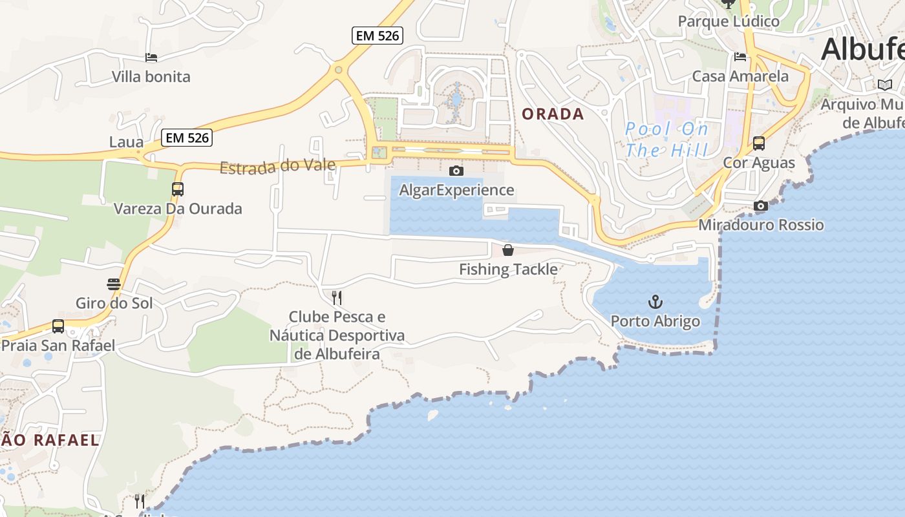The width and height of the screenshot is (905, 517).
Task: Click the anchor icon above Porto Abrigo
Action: pos(655,302)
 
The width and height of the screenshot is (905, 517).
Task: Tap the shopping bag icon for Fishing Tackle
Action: pos(508,250)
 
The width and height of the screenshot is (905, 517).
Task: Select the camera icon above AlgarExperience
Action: pos(456,171)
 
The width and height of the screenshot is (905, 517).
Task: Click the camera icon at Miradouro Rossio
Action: pos(761,206)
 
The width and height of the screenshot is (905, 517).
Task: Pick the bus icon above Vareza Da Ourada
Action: pos(178,189)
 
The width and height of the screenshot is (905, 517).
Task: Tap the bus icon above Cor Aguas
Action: pos(759,143)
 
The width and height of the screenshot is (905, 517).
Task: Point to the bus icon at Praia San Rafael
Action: pos(58,326)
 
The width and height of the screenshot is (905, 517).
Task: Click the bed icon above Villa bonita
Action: pos(151,58)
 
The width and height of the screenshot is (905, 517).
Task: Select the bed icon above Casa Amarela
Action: pos(740,57)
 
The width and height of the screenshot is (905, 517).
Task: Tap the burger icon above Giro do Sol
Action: pos(114,284)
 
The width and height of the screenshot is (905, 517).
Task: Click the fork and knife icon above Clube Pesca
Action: pos(336,297)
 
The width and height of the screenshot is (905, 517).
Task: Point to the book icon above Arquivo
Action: pos(884,85)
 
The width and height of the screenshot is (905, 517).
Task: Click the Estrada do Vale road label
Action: pos(277,166)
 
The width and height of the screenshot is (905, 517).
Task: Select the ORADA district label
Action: pos(553,114)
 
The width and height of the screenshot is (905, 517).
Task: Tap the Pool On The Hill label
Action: pos(666,140)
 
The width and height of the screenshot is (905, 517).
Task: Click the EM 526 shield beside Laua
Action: pos(187,138)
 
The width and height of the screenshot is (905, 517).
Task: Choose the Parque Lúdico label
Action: pos(729,21)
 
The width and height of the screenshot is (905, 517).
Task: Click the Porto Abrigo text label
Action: pos(655,321)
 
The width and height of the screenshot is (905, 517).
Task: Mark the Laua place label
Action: pos(127,142)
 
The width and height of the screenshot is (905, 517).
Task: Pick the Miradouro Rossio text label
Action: pos(761,225)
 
